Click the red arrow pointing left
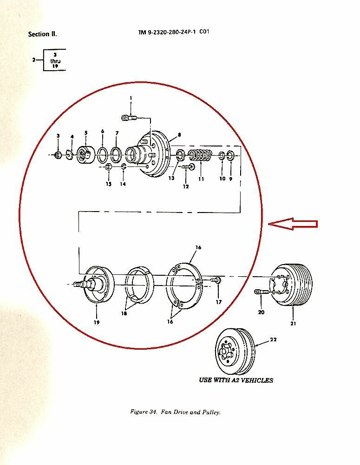(x=293, y=224)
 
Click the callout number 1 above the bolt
(x=131, y=98)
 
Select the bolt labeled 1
(x=129, y=118)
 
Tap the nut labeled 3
(x=58, y=154)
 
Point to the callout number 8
(x=179, y=135)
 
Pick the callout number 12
(x=186, y=186)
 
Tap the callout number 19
(x=97, y=322)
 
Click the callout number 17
(x=219, y=302)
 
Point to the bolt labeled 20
(x=262, y=292)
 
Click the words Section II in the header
(x=42, y=34)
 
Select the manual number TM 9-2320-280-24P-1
(x=167, y=32)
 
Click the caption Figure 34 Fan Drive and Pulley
(x=176, y=412)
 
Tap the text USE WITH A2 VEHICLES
(x=236, y=380)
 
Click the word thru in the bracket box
(x=55, y=61)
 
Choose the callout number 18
(x=124, y=313)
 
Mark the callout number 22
(x=273, y=339)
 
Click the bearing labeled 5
(x=85, y=154)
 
